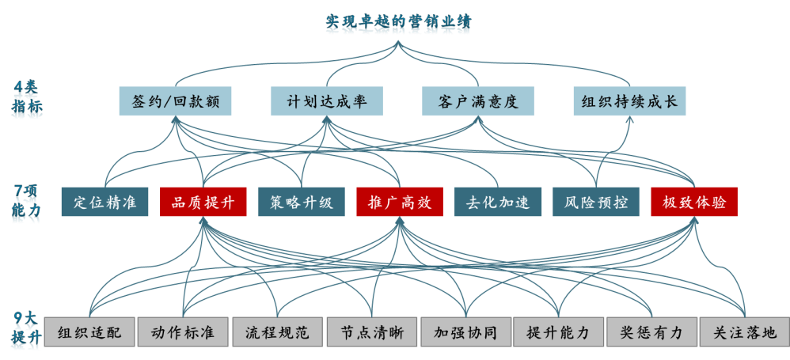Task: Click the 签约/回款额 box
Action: (176, 101)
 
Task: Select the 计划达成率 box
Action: (326, 101)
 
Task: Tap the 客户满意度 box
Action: (477, 101)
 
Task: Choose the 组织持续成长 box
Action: (629, 101)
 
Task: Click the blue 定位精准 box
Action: (104, 202)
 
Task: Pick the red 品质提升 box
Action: (203, 202)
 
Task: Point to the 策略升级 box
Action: (302, 202)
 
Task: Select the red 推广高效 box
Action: (400, 202)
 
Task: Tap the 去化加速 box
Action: (498, 202)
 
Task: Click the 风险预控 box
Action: (596, 202)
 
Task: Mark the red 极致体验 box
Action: (694, 202)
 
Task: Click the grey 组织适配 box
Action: (89, 332)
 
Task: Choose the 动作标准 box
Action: (183, 332)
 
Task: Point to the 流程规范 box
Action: (277, 332)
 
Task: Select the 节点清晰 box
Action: (371, 332)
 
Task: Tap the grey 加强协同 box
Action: (465, 332)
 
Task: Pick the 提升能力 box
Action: (558, 332)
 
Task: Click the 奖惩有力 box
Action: (651, 332)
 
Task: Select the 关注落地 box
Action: (745, 332)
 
